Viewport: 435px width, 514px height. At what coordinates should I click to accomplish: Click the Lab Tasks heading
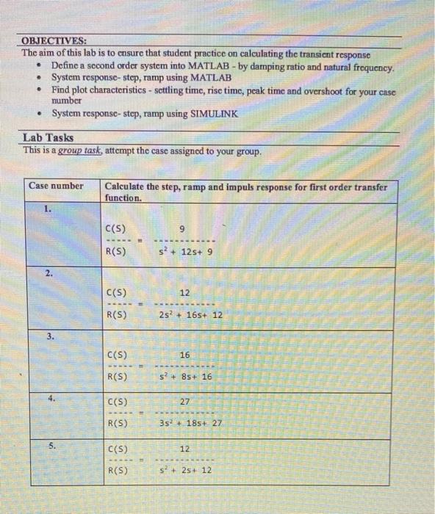[48, 138]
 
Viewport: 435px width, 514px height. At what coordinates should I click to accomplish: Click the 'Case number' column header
[56, 186]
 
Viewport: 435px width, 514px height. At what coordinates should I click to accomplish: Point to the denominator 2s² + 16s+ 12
[190, 315]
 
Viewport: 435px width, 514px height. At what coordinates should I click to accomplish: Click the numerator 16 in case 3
[184, 355]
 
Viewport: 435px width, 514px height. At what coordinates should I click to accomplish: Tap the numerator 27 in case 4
[184, 402]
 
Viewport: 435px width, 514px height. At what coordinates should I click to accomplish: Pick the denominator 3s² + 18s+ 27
[190, 423]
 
